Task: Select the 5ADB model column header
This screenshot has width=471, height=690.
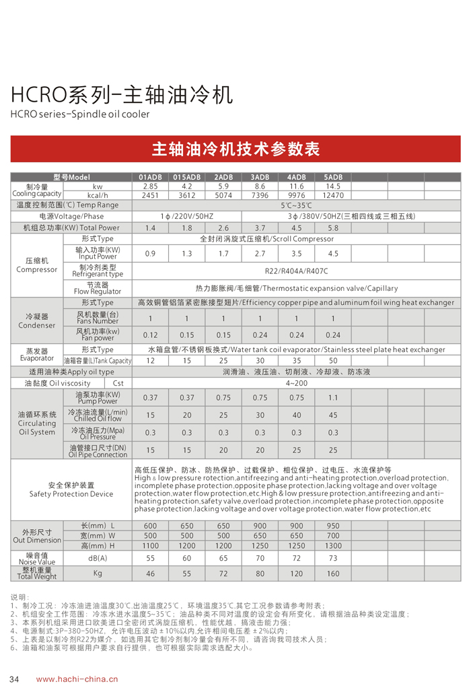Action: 332,177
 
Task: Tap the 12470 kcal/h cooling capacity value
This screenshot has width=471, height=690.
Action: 332,195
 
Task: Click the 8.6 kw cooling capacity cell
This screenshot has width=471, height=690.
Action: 260,186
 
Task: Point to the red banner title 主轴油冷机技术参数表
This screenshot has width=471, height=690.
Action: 235,149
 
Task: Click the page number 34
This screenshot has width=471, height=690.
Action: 14,679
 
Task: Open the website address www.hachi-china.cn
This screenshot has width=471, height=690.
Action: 77,679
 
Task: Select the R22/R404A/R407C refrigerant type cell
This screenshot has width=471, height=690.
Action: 296,271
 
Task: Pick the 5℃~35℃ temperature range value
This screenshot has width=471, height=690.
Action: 296,205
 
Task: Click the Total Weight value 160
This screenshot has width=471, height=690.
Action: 332,574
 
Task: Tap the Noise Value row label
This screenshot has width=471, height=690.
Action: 36,558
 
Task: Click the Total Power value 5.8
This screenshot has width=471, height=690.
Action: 332,228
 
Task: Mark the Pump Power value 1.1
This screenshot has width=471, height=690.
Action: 332,398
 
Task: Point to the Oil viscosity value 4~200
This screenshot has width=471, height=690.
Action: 296,382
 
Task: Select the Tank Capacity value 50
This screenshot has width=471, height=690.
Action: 332,361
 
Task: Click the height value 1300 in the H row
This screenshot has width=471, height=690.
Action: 332,546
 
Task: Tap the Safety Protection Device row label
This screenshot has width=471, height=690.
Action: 71,489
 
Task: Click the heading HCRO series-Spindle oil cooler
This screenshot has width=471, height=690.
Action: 79,114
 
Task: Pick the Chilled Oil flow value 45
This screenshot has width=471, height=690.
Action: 332,415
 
